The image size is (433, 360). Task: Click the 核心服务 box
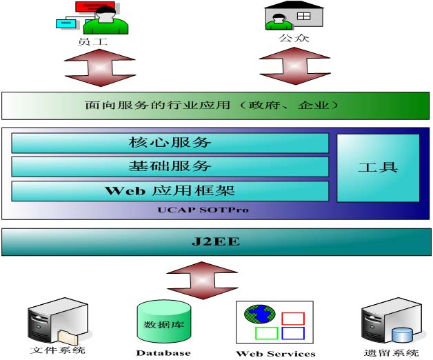click(x=170, y=143)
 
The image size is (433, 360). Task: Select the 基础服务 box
click(x=170, y=167)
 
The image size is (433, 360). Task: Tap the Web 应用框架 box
click(x=170, y=191)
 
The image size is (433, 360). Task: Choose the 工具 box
click(x=378, y=168)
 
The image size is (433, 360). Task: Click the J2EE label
click(x=216, y=242)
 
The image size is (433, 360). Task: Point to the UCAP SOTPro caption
click(x=203, y=210)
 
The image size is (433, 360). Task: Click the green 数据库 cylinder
click(x=164, y=321)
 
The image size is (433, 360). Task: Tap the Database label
click(x=163, y=353)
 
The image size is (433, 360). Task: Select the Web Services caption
click(x=276, y=354)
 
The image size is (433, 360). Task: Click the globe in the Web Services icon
click(x=260, y=314)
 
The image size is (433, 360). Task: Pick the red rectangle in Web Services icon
click(x=293, y=319)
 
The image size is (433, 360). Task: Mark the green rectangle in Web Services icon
click(x=266, y=333)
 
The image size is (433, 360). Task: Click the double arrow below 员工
click(x=100, y=68)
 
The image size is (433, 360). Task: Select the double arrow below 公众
click(x=295, y=66)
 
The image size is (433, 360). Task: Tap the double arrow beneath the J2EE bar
click(x=203, y=281)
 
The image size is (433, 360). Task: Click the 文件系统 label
click(x=58, y=350)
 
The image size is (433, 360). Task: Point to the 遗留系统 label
click(x=392, y=353)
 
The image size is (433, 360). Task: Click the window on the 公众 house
click(x=304, y=16)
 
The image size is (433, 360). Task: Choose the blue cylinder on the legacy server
click(x=402, y=335)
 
